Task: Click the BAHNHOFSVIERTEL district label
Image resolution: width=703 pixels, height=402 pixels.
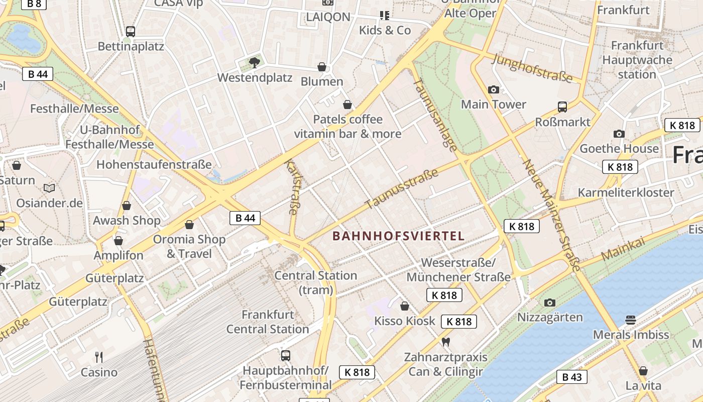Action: [x=398, y=236]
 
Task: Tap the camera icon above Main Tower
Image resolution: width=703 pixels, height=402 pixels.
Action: [x=494, y=89]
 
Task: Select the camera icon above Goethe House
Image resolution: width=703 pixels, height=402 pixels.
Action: [x=619, y=134]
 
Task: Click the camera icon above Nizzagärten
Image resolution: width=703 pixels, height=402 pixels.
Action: [x=550, y=303]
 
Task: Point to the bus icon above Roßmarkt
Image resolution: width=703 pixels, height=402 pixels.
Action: [x=562, y=107]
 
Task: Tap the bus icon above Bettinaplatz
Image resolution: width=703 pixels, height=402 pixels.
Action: [x=131, y=31]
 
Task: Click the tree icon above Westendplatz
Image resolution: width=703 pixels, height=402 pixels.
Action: [x=255, y=62]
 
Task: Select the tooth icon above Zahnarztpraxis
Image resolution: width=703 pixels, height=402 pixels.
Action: [x=445, y=342]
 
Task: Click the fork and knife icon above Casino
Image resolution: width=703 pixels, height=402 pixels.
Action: [x=99, y=357]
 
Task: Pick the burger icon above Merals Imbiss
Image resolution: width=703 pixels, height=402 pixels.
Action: [x=631, y=320]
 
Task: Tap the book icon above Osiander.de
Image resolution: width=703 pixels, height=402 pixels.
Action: [x=49, y=188]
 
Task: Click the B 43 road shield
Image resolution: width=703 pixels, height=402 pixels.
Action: [x=571, y=377]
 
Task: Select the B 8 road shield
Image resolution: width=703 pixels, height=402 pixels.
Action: [x=34, y=4]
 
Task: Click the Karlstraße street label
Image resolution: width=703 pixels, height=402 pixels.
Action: [x=291, y=187]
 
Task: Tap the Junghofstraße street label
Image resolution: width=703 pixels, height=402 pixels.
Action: [x=533, y=68]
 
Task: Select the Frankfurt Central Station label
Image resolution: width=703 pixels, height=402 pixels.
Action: [x=268, y=322]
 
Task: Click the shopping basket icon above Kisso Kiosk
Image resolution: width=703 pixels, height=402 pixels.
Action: [x=405, y=306]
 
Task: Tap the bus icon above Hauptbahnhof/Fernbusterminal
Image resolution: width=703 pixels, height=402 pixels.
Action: [x=286, y=355]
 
